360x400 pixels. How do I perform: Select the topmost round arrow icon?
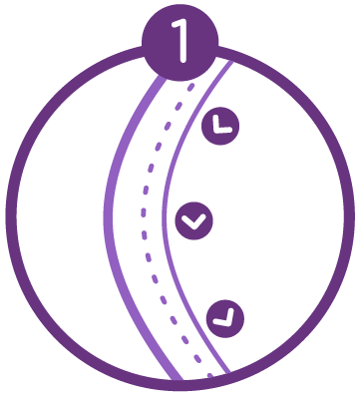click(x=220, y=125)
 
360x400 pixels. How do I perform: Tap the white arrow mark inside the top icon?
click(x=220, y=126)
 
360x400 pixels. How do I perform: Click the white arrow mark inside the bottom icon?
click(x=226, y=318)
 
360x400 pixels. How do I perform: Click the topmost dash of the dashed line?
click(x=189, y=83)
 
